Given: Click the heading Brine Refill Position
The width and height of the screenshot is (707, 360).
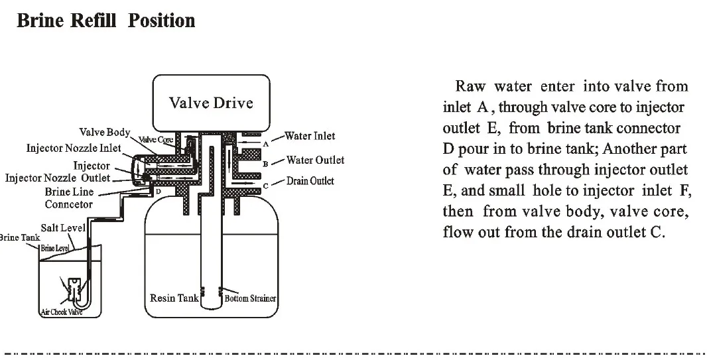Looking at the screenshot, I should pos(106,21).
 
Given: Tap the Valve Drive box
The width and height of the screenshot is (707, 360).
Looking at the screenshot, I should pos(211,103).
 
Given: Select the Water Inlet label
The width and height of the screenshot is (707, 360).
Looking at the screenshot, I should pos(310,137).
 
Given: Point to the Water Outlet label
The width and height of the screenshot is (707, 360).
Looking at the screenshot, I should pos(315,160).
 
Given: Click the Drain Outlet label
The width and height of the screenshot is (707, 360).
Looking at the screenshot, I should pos(310,181).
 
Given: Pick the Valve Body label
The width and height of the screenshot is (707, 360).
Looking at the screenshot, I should pos(105,133).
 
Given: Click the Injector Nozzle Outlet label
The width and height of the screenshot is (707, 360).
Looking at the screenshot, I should pos(58,178).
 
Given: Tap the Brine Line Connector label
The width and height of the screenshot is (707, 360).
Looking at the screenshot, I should pos(69,198).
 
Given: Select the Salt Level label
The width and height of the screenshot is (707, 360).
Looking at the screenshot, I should pos(63,227).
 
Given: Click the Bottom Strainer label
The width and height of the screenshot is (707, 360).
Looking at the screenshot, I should pos(250,299).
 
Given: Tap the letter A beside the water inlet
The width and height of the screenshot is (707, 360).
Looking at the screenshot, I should pos(265,143).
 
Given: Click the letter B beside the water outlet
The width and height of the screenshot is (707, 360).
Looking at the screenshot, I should pos(265,163).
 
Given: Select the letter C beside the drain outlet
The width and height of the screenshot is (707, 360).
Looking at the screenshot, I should pos(265,187).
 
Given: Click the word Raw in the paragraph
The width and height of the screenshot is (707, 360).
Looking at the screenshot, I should pos(469,87).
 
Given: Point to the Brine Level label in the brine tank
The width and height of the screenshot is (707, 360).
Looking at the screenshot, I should pos(55,248).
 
